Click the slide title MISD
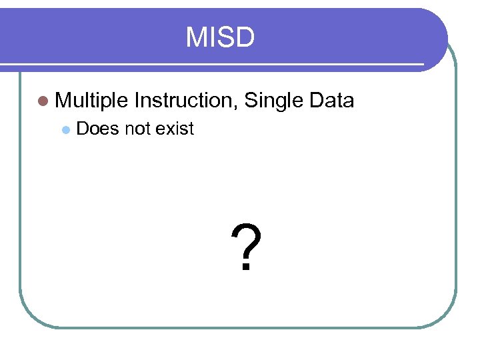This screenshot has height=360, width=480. pos(220,38)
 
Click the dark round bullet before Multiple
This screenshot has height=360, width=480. pos(43,101)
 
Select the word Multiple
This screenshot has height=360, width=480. pos(91,101)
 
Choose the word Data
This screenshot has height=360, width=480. pos(331,101)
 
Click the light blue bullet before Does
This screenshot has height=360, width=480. pos(65,129)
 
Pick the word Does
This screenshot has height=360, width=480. pos(97,128)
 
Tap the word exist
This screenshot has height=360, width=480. pos(175,128)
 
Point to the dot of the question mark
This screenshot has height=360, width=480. pos(246,268)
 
